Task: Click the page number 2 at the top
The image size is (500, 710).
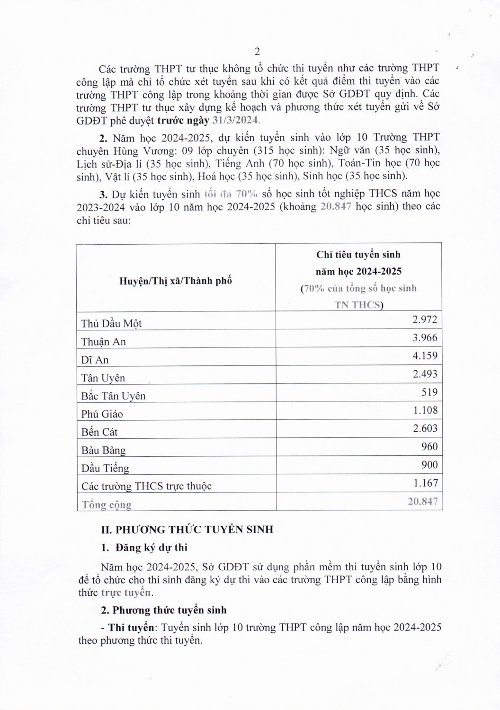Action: [257, 52]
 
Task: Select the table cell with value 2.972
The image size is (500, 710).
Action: [425, 319]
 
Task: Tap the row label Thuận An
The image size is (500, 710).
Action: [103, 342]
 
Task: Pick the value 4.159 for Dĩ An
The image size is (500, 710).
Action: [425, 355]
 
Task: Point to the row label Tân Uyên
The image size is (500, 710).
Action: [103, 378]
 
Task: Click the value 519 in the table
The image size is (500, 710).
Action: [430, 392]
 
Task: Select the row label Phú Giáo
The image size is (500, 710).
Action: [102, 414]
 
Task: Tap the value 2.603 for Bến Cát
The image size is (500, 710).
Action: [425, 428]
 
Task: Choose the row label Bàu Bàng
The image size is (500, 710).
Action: [103, 450]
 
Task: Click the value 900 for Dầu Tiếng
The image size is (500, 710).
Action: [429, 465]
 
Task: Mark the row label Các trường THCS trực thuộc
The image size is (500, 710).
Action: [146, 486]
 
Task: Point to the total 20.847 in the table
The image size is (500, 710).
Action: [423, 501]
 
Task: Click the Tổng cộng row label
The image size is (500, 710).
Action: [106, 505]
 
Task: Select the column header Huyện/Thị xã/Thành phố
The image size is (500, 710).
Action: [176, 280]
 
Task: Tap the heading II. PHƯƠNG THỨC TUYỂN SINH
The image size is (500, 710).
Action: [188, 529]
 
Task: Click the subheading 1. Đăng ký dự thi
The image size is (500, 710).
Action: [144, 548]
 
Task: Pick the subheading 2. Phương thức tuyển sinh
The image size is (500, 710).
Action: [164, 610]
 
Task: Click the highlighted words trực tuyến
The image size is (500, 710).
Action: [126, 593]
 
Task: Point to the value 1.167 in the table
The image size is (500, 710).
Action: [425, 483]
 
